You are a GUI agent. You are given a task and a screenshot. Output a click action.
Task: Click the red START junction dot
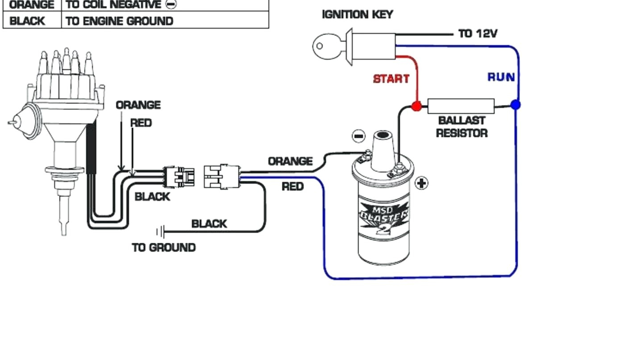pyautogui.click(x=416, y=106)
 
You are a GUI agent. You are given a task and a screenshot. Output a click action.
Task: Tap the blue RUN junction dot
pyautogui.click(x=516, y=105)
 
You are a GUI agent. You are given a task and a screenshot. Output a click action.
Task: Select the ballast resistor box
pyautogui.click(x=461, y=106)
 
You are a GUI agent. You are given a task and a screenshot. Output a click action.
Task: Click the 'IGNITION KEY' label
pyautogui.click(x=358, y=15)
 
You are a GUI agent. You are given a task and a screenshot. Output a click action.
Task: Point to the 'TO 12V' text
pyautogui.click(x=478, y=33)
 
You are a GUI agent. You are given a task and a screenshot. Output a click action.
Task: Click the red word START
pyautogui.click(x=391, y=79)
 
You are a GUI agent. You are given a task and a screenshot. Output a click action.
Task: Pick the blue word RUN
pyautogui.click(x=501, y=77)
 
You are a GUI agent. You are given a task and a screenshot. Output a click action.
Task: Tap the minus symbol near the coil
pyautogui.click(x=358, y=136)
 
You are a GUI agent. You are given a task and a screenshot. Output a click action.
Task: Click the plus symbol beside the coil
pyautogui.click(x=421, y=184)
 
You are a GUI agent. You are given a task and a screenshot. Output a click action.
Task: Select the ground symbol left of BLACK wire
pyautogui.click(x=161, y=232)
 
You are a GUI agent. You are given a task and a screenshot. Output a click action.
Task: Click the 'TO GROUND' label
pyautogui.click(x=164, y=248)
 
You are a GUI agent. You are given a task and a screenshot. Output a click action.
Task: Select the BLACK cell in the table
pyautogui.click(x=32, y=20)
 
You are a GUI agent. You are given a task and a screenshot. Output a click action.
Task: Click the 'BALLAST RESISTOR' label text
pyautogui.click(x=462, y=127)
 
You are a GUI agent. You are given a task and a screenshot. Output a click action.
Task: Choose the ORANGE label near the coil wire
pyautogui.click(x=291, y=161)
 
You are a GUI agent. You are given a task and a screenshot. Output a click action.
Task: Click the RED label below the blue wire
pyautogui.click(x=293, y=187)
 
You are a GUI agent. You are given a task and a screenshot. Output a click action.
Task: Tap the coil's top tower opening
pyautogui.click(x=383, y=135)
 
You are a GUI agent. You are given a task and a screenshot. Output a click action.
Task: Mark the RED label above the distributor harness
pyautogui.click(x=141, y=123)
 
